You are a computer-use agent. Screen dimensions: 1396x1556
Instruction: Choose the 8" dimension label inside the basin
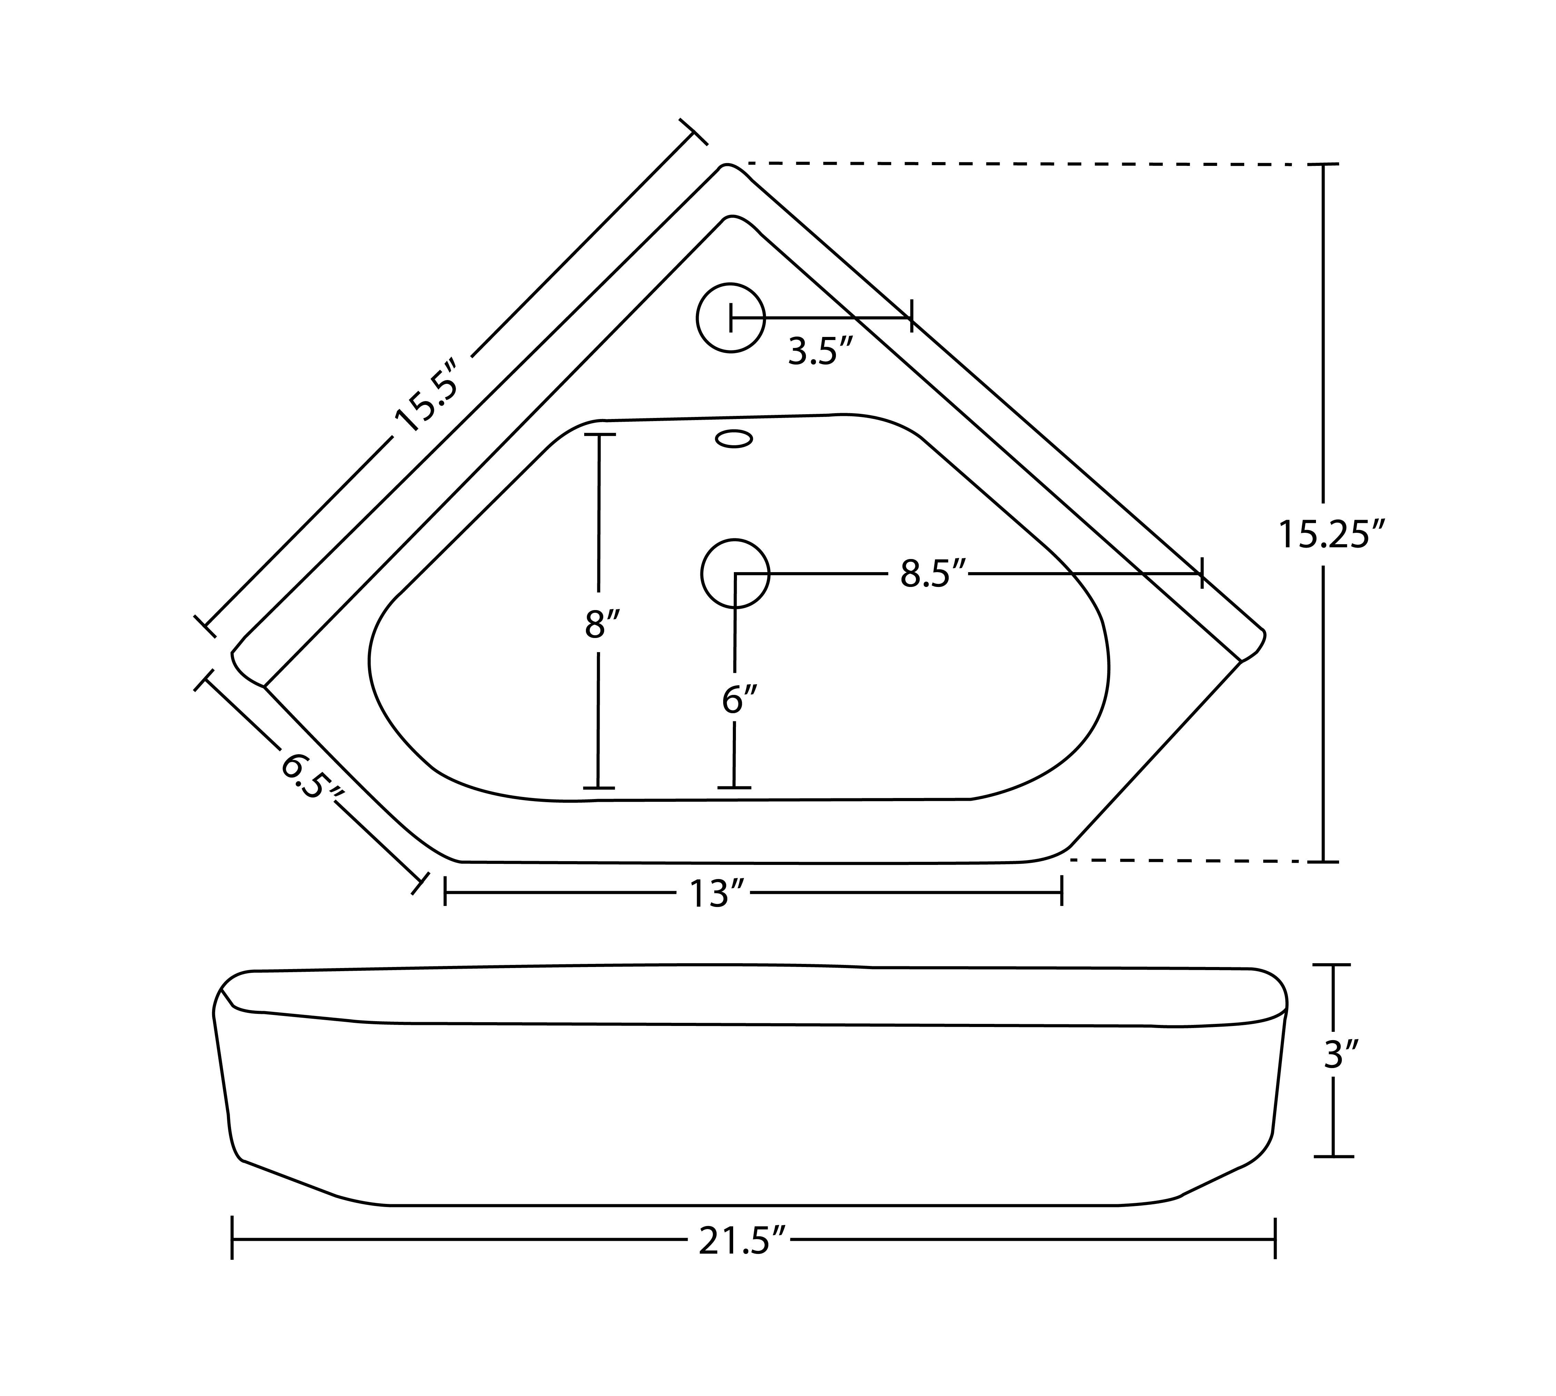click(600, 624)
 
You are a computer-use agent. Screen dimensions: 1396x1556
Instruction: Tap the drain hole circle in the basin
click(735, 574)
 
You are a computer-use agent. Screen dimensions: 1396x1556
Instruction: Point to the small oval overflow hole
click(734, 439)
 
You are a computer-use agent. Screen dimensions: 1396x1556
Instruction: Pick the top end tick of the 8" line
click(599, 435)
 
